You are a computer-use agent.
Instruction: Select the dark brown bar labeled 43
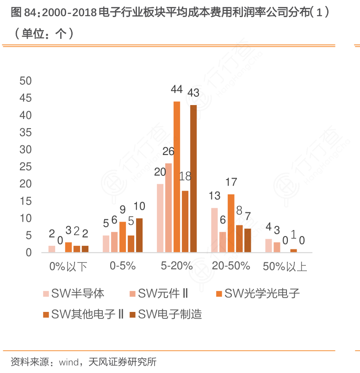click(193, 179)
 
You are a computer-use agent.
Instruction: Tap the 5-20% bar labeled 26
click(168, 208)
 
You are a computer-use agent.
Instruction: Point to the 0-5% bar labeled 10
click(139, 235)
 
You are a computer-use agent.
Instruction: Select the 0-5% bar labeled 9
click(123, 237)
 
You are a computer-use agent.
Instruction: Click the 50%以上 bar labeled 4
click(268, 246)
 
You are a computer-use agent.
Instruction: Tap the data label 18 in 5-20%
click(185, 176)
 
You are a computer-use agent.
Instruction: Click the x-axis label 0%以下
click(68, 267)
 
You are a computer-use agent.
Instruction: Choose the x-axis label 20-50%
click(230, 266)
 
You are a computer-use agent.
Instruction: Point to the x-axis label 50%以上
click(285, 267)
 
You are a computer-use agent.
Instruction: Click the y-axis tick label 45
click(25, 98)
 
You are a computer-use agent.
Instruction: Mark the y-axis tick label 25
click(25, 167)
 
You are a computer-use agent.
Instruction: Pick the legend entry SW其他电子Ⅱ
click(86, 315)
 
